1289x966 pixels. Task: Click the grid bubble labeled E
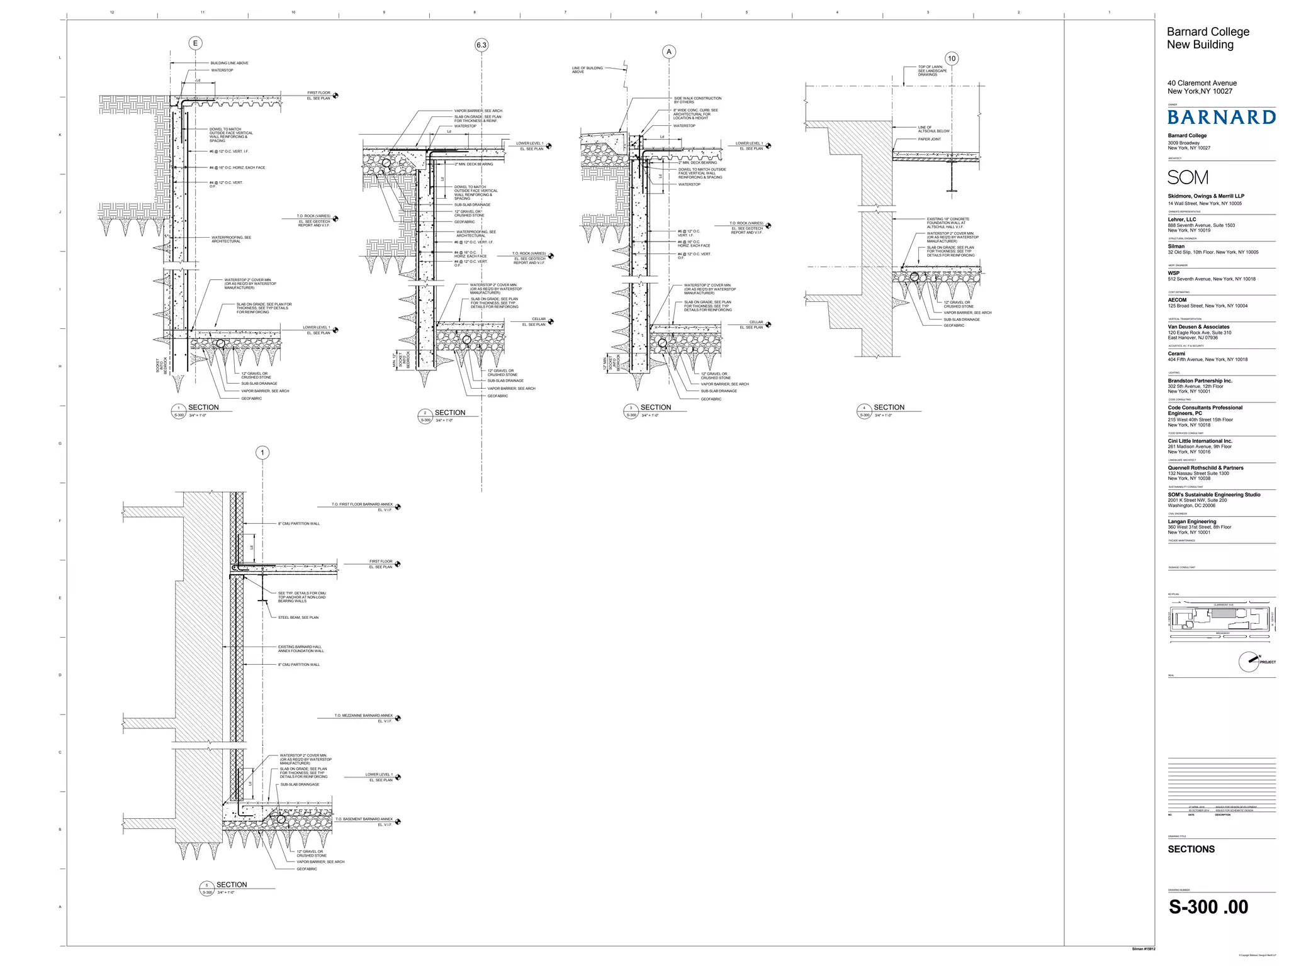point(195,43)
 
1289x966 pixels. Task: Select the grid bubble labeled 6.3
point(481,45)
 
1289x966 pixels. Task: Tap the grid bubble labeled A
point(669,52)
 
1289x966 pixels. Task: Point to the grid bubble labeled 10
point(952,58)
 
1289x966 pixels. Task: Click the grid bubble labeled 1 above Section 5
point(262,453)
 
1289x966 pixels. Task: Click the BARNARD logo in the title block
point(1221,118)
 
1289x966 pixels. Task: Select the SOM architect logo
point(1188,177)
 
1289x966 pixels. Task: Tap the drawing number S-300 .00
point(1208,907)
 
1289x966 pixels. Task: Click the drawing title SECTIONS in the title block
point(1191,849)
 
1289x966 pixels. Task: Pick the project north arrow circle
point(1249,662)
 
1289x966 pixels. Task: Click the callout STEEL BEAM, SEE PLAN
point(298,618)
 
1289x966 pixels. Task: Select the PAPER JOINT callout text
point(929,139)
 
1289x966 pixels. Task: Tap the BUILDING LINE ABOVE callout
point(229,63)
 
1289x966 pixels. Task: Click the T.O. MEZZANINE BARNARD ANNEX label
point(363,716)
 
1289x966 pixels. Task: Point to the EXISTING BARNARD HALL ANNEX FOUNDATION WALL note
point(301,649)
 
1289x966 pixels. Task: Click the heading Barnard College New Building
point(1208,38)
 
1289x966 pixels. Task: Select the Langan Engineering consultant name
point(1191,521)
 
